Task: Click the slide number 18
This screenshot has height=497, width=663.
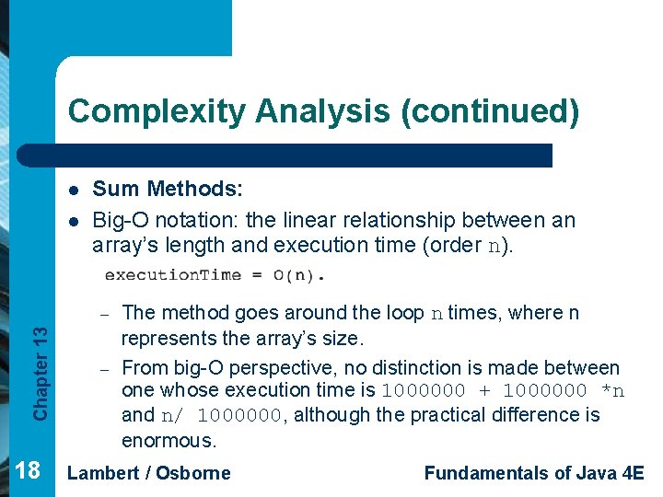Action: pos(28,471)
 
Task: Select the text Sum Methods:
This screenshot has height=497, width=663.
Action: pos(168,190)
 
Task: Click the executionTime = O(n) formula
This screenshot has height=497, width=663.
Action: pos(215,274)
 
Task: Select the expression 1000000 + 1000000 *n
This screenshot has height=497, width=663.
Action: pos(503,391)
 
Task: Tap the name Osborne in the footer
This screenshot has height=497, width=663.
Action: pos(192,473)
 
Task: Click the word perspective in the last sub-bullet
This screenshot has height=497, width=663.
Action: pos(303,368)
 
